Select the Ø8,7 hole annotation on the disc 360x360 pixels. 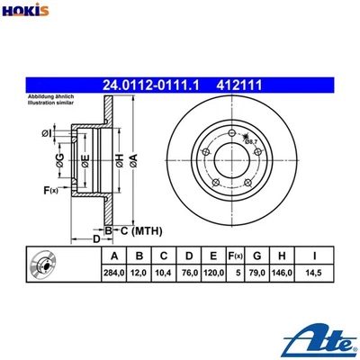pos(251,141)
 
